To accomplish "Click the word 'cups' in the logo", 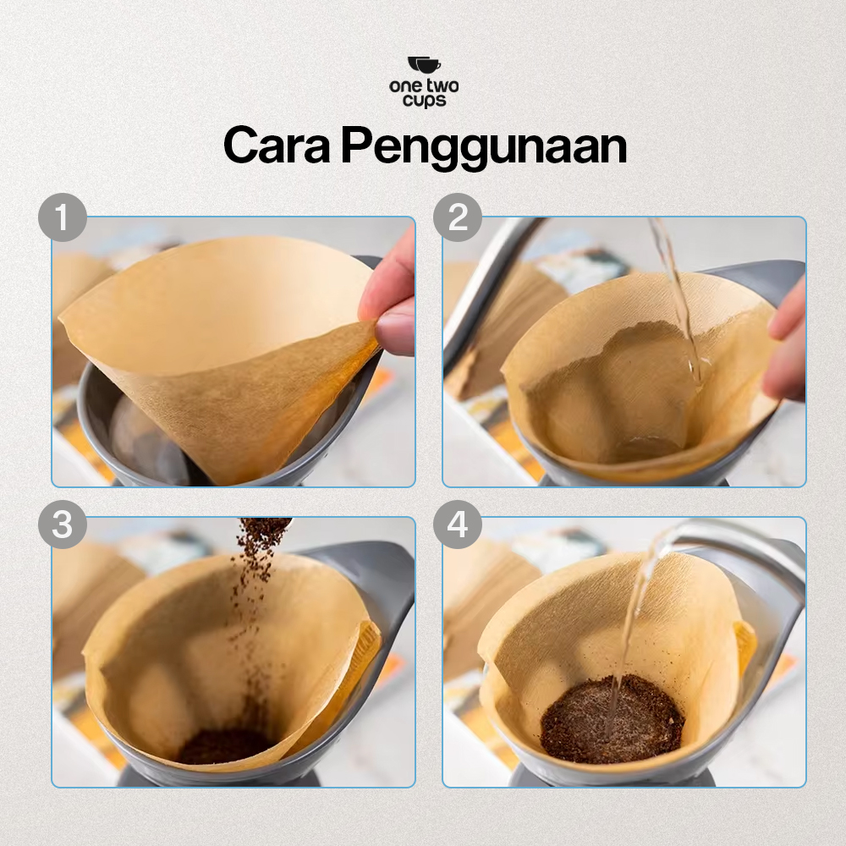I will [x=423, y=100].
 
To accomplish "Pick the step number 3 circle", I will [x=63, y=525].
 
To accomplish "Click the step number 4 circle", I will [x=458, y=525].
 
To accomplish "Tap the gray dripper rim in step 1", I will [x=93, y=423].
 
